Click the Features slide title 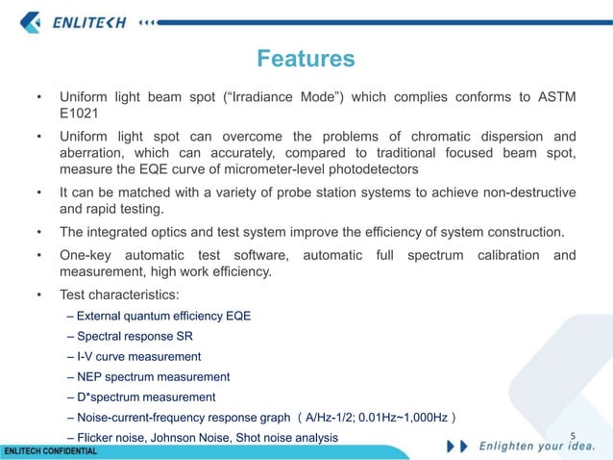(x=306, y=60)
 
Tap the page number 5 (x=573, y=435)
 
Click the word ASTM (x=556, y=97)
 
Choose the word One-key (x=91, y=255)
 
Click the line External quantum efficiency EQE (x=159, y=315)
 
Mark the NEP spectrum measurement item (x=149, y=376)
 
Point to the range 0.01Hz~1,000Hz (x=396, y=418)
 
